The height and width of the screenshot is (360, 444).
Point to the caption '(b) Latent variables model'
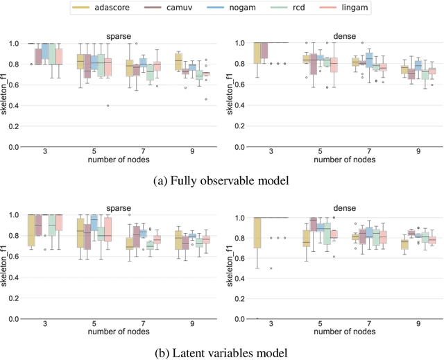coord(222,352)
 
